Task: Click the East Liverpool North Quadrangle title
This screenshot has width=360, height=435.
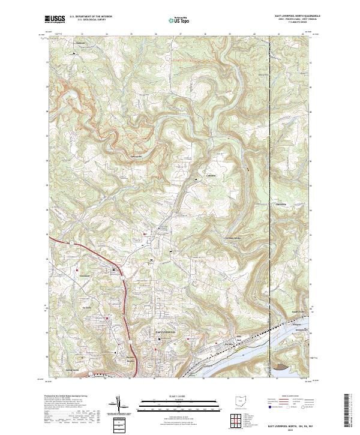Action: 290,16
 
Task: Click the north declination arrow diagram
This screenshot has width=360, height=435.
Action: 126,406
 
